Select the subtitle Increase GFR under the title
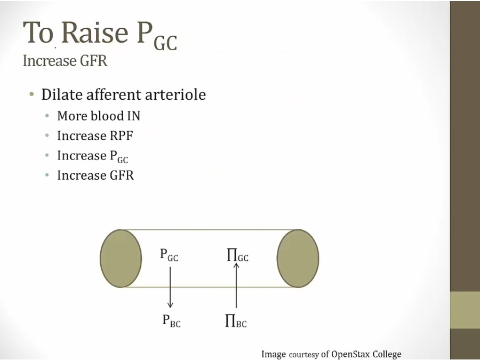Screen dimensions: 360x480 click(x=65, y=61)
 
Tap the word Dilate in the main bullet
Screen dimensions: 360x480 click(x=60, y=95)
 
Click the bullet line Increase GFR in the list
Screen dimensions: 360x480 click(x=95, y=175)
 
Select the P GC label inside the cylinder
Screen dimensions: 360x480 click(x=169, y=255)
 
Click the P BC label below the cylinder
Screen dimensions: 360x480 click(x=171, y=321)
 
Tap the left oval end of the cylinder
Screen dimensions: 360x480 click(x=121, y=258)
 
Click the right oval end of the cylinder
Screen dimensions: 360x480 click(x=298, y=258)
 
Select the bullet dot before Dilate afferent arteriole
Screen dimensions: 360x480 click(x=32, y=95)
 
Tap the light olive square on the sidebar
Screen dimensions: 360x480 click(x=465, y=309)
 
